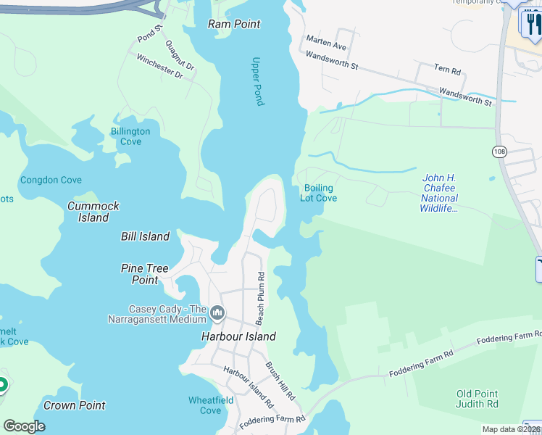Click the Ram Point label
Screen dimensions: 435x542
pos(234,24)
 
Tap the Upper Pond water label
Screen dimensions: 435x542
pos(257,81)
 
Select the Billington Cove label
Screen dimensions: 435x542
pos(130,136)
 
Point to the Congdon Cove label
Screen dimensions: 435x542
pos(51,180)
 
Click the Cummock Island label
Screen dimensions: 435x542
pos(93,211)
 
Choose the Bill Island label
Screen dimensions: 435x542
pos(145,236)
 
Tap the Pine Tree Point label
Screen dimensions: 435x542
pos(144,274)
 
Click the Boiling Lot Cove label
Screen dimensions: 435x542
pos(319,193)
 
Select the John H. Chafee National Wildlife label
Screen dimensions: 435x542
pos(439,193)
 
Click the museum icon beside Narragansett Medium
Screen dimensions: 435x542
pos(218,313)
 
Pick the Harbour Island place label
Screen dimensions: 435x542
pos(238,336)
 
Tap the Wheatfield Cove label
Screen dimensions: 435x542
pos(210,405)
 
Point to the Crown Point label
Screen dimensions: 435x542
pos(74,405)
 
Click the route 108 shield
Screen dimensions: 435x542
pos(499,152)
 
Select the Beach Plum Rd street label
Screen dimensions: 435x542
pos(260,297)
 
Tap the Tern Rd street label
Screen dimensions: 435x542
pos(447,70)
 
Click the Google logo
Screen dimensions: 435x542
pos(25,426)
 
